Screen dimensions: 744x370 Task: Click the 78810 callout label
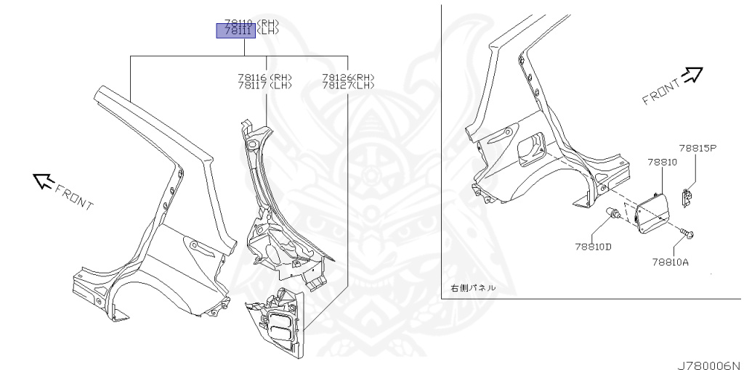pyautogui.click(x=661, y=163)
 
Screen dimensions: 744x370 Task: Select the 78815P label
pyautogui.click(x=698, y=148)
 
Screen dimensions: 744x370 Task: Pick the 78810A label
pyautogui.click(x=670, y=262)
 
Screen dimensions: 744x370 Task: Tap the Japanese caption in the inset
pyautogui.click(x=474, y=288)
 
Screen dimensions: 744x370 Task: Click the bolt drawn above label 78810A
pyautogui.click(x=688, y=234)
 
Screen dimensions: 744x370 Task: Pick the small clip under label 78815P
pyautogui.click(x=687, y=196)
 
